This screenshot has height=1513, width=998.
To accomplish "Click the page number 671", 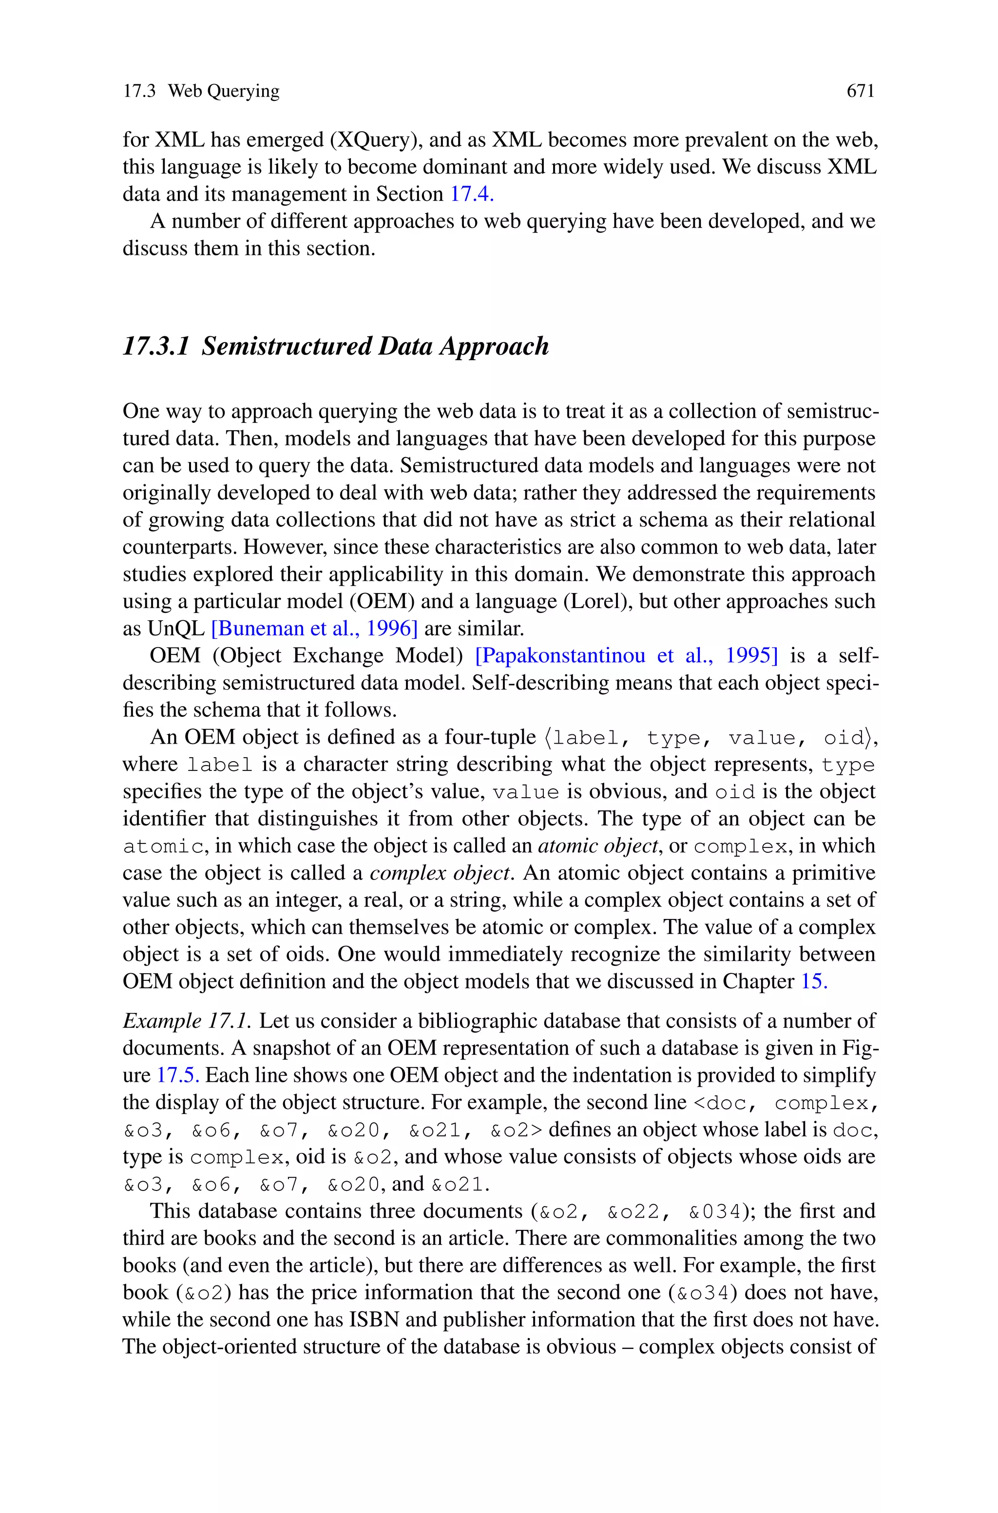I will point(861,92).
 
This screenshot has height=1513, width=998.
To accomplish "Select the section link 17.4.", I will point(472,194).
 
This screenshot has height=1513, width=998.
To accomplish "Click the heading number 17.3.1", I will point(156,346).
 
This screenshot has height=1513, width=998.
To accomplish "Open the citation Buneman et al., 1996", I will point(314,629).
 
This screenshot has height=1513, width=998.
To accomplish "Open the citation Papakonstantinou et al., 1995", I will point(626,655).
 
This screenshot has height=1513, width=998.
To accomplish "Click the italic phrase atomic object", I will point(597,845).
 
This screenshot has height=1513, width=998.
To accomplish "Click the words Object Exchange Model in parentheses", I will point(337,655).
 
